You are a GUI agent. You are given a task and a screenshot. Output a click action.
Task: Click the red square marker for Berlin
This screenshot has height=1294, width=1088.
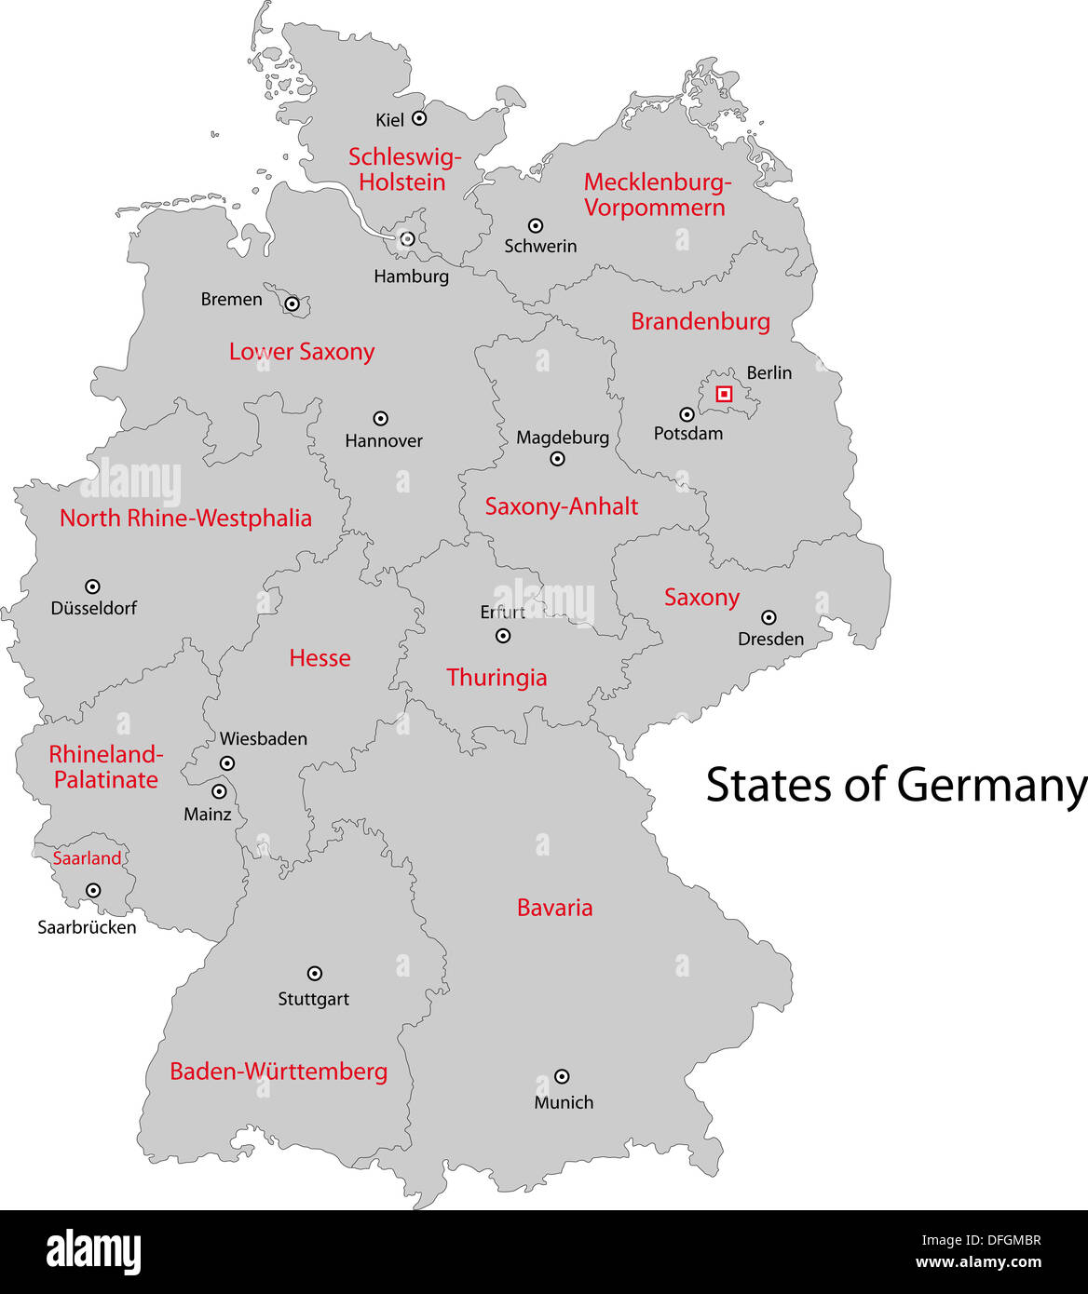tap(724, 394)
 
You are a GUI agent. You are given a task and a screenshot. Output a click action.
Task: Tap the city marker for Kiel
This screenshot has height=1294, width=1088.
tap(419, 118)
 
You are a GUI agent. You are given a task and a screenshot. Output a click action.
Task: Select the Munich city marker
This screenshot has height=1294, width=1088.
tap(562, 1076)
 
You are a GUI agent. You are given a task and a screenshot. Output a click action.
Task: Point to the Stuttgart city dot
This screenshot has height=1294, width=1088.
tap(315, 973)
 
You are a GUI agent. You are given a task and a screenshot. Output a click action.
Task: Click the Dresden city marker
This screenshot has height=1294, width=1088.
tap(768, 616)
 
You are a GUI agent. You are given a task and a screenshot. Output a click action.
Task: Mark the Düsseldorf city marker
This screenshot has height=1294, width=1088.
tap(92, 586)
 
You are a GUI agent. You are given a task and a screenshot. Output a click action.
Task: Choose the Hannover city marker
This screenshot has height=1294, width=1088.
tap(380, 418)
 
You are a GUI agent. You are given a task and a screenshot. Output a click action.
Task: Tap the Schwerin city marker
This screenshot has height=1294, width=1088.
tap(536, 225)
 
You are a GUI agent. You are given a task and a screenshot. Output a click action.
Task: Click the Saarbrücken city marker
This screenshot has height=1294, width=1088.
tap(93, 890)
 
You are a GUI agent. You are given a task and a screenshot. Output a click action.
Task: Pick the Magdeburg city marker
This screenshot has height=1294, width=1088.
tap(557, 458)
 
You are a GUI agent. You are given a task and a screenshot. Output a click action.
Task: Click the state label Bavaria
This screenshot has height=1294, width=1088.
tap(554, 908)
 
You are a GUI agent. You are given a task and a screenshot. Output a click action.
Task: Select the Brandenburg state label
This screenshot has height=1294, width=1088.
tap(700, 321)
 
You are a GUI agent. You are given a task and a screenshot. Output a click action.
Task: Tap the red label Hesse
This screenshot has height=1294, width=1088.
tap(320, 658)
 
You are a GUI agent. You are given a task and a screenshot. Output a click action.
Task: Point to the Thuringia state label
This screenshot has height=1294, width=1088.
tap(496, 678)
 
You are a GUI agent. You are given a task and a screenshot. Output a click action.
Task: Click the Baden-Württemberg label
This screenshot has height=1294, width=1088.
tap(279, 1072)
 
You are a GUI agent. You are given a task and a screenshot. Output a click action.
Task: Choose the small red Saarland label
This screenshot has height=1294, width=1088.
tap(87, 858)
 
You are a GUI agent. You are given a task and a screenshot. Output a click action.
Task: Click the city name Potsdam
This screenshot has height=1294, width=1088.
tap(687, 434)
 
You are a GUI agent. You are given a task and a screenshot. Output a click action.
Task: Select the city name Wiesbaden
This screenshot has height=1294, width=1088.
tap(263, 739)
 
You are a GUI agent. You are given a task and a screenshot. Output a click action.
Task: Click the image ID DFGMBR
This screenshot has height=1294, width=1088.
tap(1010, 1240)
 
